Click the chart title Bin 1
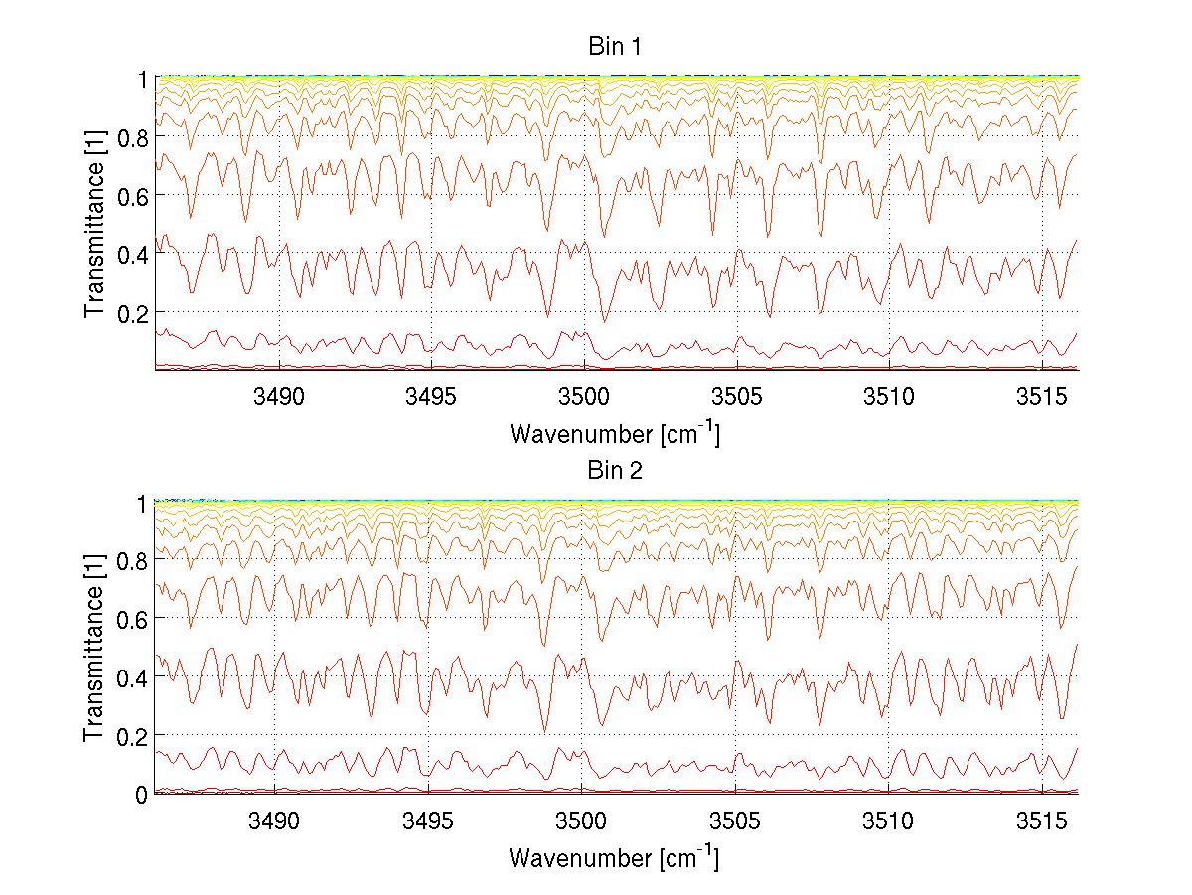tap(616, 47)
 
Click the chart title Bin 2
tap(616, 471)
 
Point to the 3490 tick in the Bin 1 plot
tap(278, 397)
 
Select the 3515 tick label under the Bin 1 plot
tap(1041, 397)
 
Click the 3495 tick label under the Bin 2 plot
tap(428, 821)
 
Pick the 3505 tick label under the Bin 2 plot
tap(734, 821)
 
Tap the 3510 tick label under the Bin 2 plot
tap(887, 821)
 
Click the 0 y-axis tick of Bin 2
tap(142, 794)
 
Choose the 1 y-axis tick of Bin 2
tap(142, 503)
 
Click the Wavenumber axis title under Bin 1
tap(614, 433)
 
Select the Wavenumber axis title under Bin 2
tap(614, 857)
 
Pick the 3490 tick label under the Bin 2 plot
tap(274, 821)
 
